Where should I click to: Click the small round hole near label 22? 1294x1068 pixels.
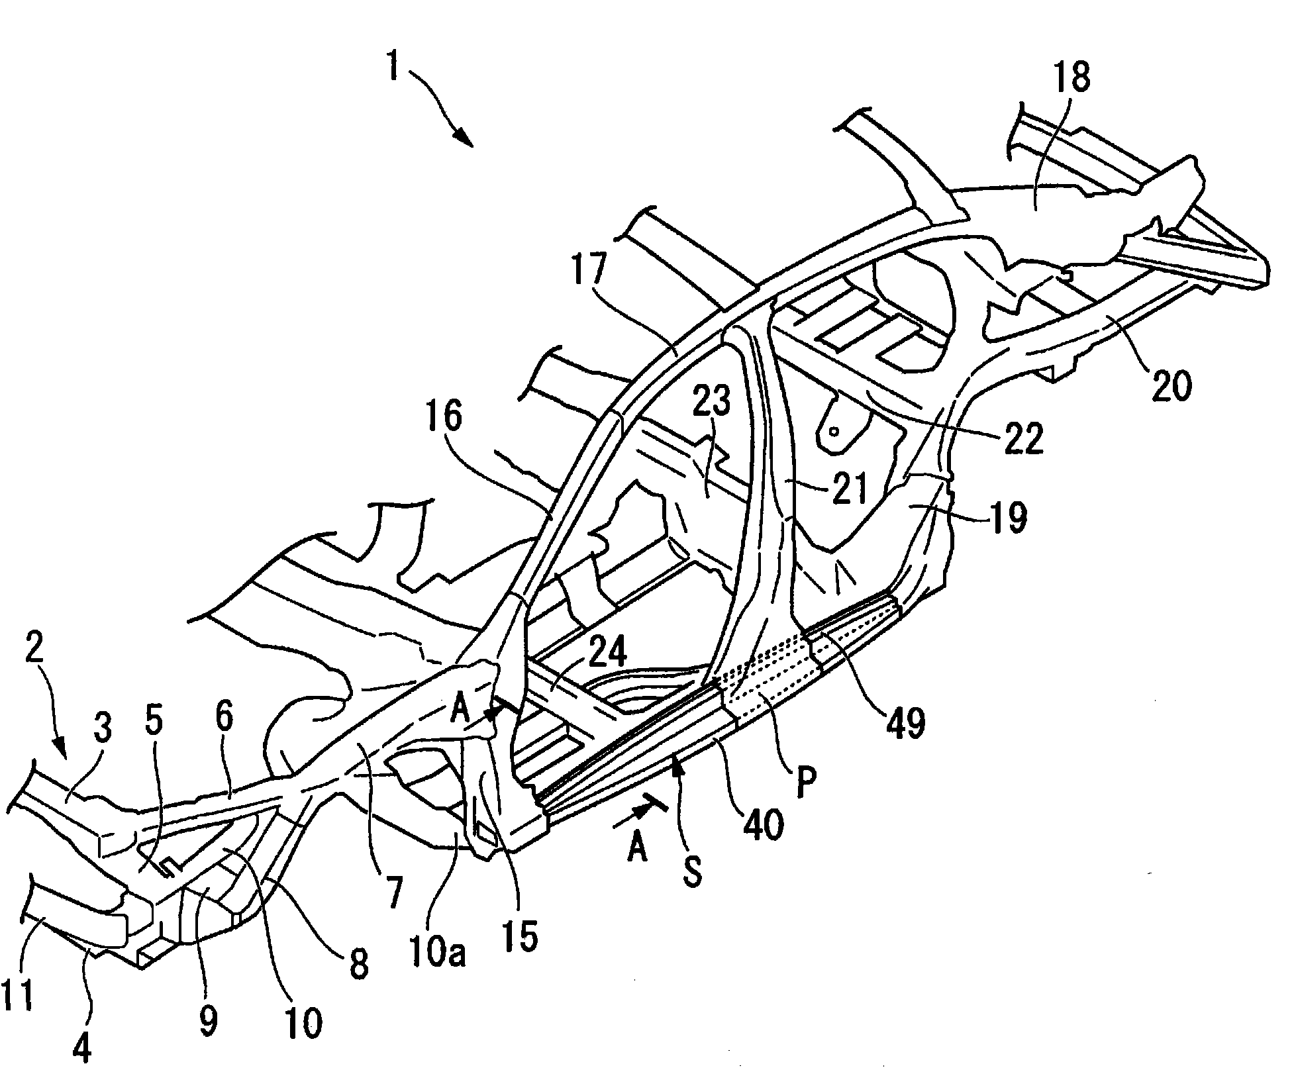point(834,430)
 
